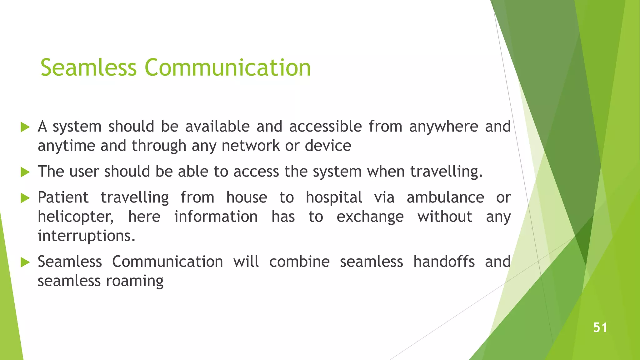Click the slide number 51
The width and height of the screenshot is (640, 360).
pyautogui.click(x=600, y=327)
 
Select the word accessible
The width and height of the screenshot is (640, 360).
pyautogui.click(x=325, y=127)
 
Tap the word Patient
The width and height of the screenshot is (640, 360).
pyautogui.click(x=63, y=197)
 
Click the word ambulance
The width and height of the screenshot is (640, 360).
pyautogui.click(x=445, y=197)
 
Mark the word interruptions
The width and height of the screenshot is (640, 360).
pyautogui.click(x=87, y=236)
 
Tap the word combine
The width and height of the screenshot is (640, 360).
pyautogui.click(x=299, y=262)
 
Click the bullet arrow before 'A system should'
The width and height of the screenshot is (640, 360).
pyautogui.click(x=25, y=127)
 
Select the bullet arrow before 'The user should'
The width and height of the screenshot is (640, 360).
pyautogui.click(x=25, y=172)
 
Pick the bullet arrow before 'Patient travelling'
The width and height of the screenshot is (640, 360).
pyautogui.click(x=25, y=198)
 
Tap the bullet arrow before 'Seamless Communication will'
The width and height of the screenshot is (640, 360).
pyautogui.click(x=25, y=262)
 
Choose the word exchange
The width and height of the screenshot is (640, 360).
pyautogui.click(x=370, y=217)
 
